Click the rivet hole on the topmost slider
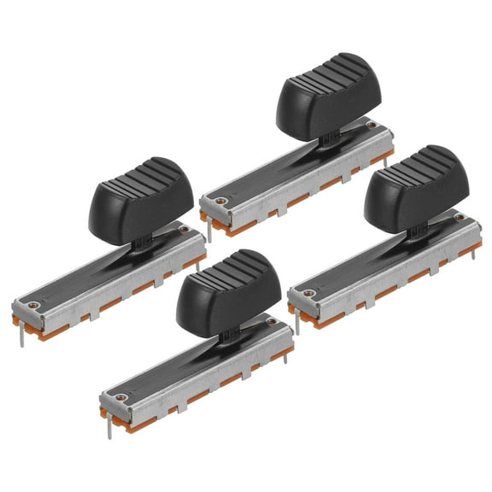pos(221,202)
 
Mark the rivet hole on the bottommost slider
pos(123,396)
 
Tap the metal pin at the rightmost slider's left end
pos(296,323)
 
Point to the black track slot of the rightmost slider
pos(367,260)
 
